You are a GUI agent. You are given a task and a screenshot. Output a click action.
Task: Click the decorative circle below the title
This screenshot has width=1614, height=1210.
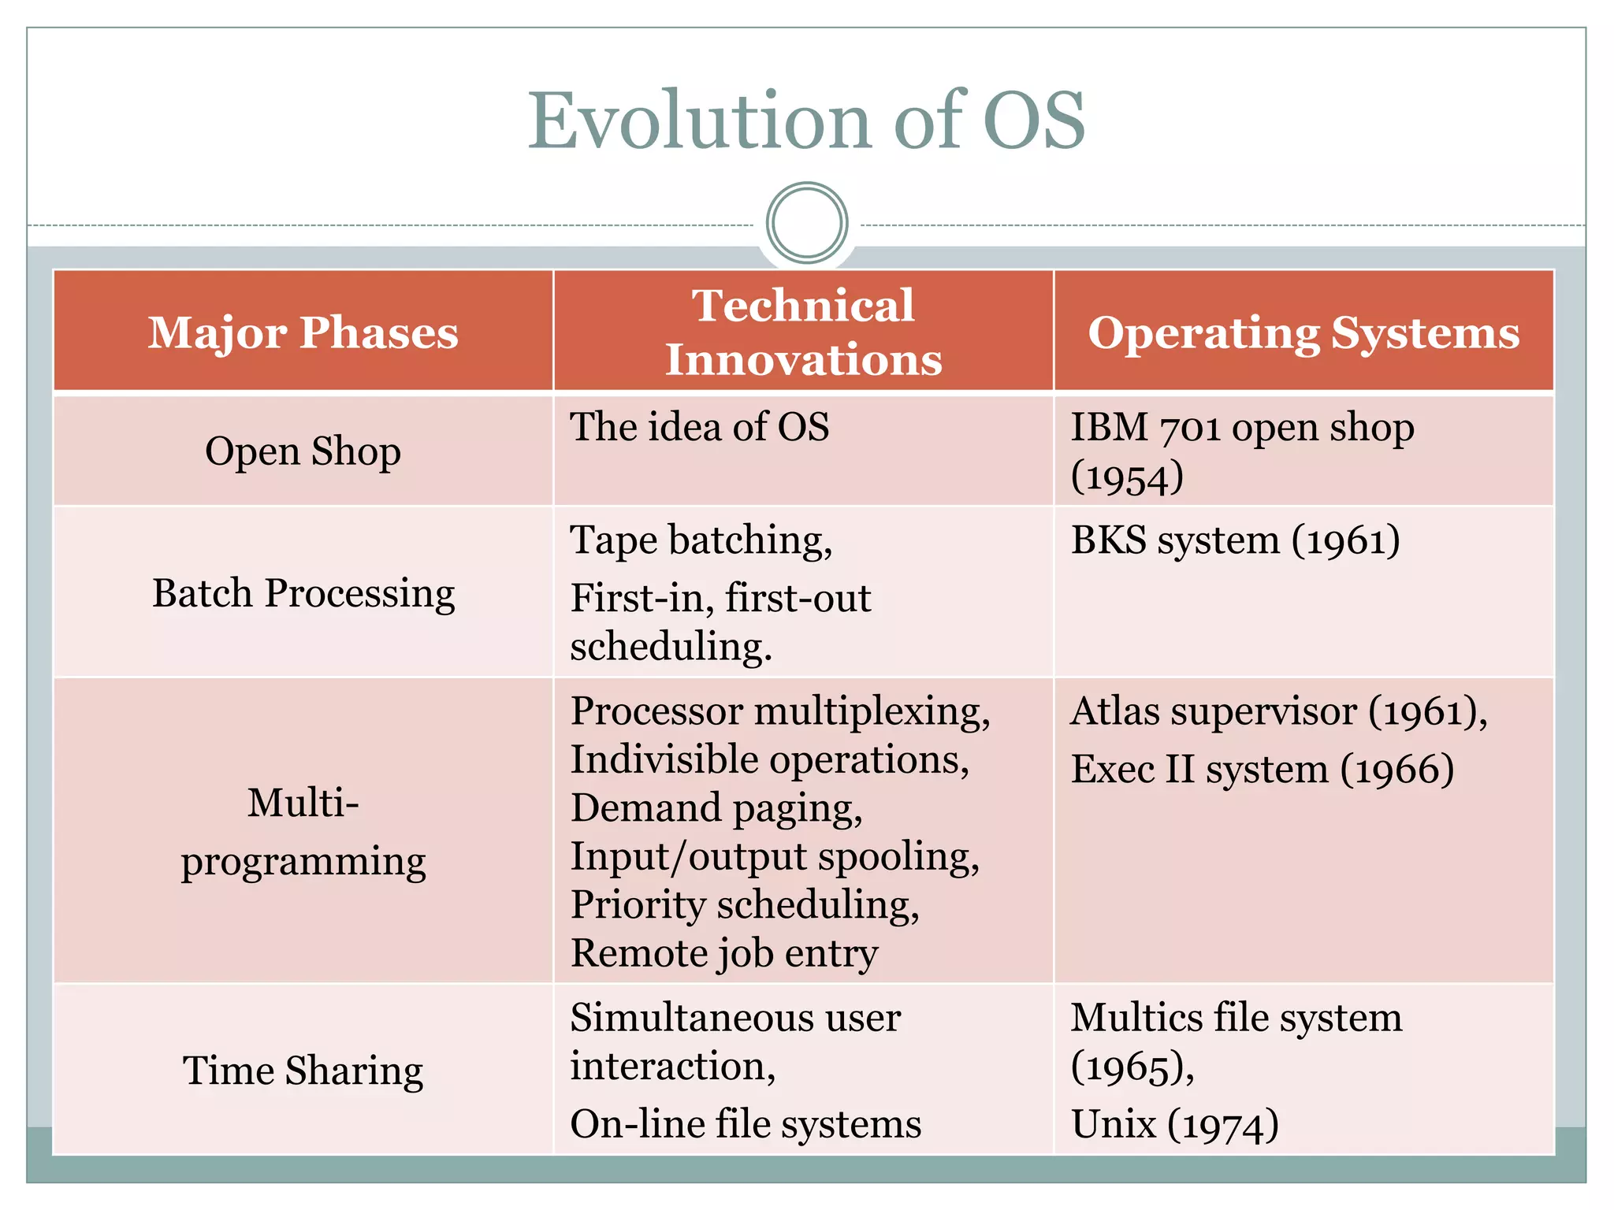pos(806,223)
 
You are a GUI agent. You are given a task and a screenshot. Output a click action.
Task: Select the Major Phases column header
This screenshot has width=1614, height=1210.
pos(303,332)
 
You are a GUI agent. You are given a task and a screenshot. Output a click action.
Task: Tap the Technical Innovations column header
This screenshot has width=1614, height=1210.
pos(803,332)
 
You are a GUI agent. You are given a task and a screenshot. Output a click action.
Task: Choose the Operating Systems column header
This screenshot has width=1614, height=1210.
pos(1303,332)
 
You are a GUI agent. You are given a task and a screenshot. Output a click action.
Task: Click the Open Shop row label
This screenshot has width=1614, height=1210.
pos(303,451)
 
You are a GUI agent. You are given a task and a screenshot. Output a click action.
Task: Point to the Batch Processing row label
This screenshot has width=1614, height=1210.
pos(303,592)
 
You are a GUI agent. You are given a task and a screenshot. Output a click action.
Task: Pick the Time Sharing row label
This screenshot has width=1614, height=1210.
pos(303,1070)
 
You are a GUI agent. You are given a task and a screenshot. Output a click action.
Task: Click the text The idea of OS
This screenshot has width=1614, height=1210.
pos(699,426)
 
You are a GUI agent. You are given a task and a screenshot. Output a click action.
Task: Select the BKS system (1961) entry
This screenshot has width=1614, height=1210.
pos(1235,540)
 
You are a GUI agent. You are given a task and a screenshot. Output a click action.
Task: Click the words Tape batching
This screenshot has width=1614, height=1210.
pos(701,540)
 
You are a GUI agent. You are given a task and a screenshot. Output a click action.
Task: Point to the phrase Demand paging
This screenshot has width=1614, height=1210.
pos(716,807)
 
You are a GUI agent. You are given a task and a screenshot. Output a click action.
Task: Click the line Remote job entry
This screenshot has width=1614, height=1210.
pos(723,952)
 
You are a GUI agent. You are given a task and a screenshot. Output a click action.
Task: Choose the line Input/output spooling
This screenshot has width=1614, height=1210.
pos(775,856)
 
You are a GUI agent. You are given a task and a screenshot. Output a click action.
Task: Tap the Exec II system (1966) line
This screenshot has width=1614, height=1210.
pos(1262,768)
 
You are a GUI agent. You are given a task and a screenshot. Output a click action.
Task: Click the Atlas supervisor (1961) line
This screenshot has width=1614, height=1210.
pos(1278,711)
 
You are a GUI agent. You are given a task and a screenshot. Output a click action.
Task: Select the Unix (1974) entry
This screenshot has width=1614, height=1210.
pos(1174,1123)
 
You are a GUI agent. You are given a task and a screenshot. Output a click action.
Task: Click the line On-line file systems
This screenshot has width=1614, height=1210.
pos(745,1123)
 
